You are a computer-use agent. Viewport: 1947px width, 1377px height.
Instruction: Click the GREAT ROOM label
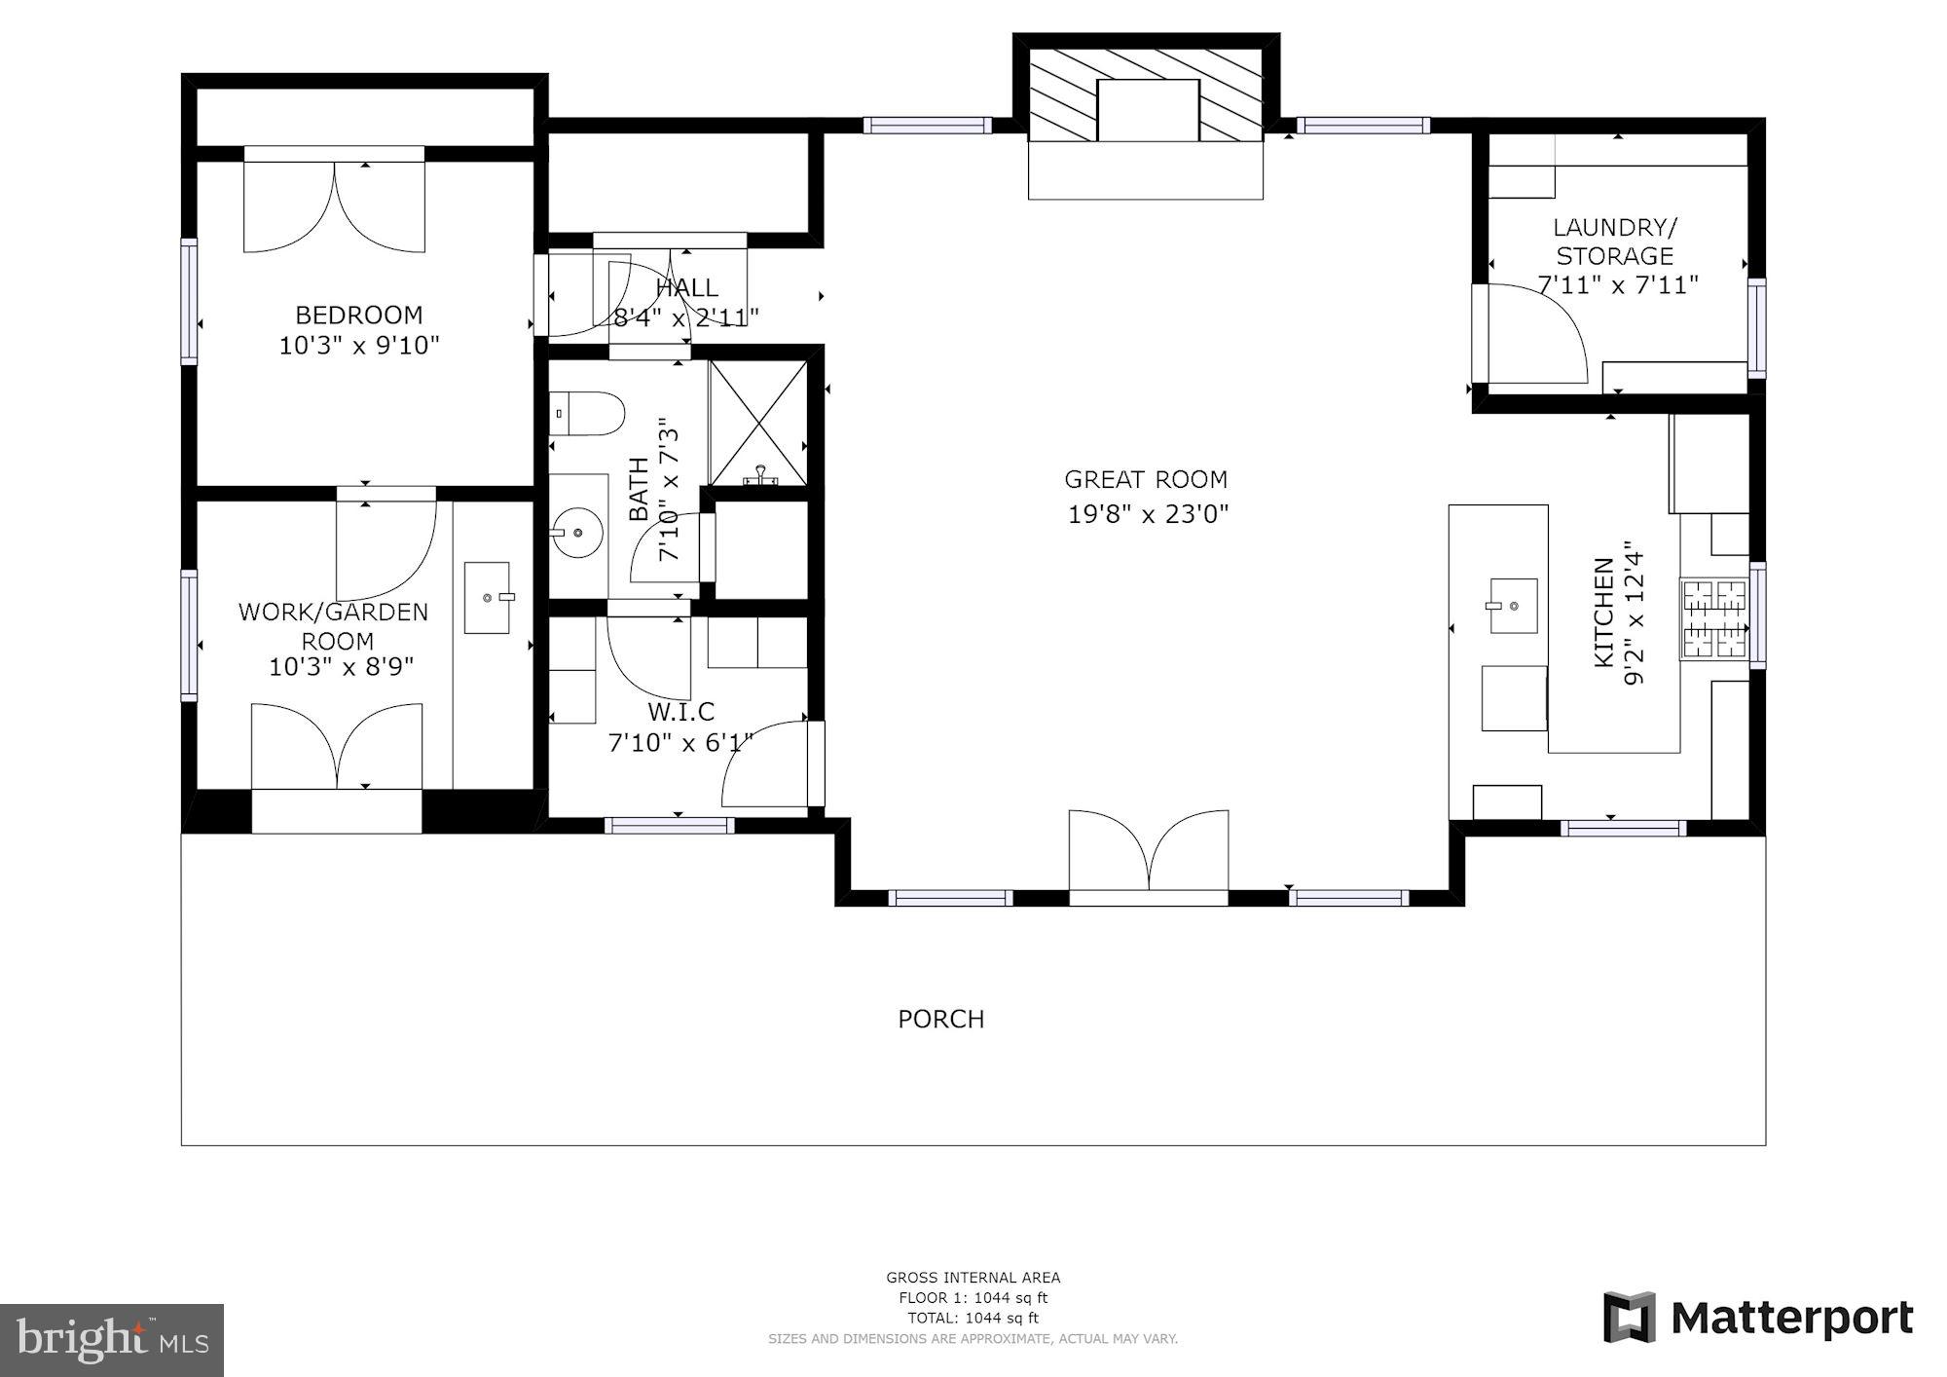pyautogui.click(x=1145, y=479)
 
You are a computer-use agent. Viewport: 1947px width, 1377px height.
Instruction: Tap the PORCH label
pyautogui.click(x=940, y=1019)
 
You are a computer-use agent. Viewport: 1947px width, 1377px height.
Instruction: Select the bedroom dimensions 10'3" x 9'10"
pyautogui.click(x=359, y=345)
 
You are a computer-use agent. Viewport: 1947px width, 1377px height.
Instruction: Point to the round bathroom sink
pyautogui.click(x=577, y=533)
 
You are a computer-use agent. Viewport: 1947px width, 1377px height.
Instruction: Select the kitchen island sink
pyautogui.click(x=1513, y=605)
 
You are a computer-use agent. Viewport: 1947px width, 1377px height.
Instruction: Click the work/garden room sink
pyautogui.click(x=487, y=597)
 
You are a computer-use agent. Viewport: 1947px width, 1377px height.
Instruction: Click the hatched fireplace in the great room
pyautogui.click(x=1147, y=109)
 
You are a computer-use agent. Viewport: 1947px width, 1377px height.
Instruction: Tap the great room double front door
pyautogui.click(x=1149, y=852)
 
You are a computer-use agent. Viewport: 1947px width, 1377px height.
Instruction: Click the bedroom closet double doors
pyautogui.click(x=334, y=205)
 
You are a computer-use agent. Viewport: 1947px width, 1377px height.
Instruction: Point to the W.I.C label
pyautogui.click(x=680, y=712)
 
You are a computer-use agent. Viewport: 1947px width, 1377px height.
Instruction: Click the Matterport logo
pyautogui.click(x=1758, y=1319)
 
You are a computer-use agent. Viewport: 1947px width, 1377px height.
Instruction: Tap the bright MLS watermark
pyautogui.click(x=112, y=1340)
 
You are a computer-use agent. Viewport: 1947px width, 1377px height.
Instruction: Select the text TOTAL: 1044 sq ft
pyautogui.click(x=973, y=1318)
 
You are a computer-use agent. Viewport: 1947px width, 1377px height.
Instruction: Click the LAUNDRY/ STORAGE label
pyautogui.click(x=1615, y=242)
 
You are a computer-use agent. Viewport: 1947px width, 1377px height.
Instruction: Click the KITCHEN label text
pyautogui.click(x=1602, y=612)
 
